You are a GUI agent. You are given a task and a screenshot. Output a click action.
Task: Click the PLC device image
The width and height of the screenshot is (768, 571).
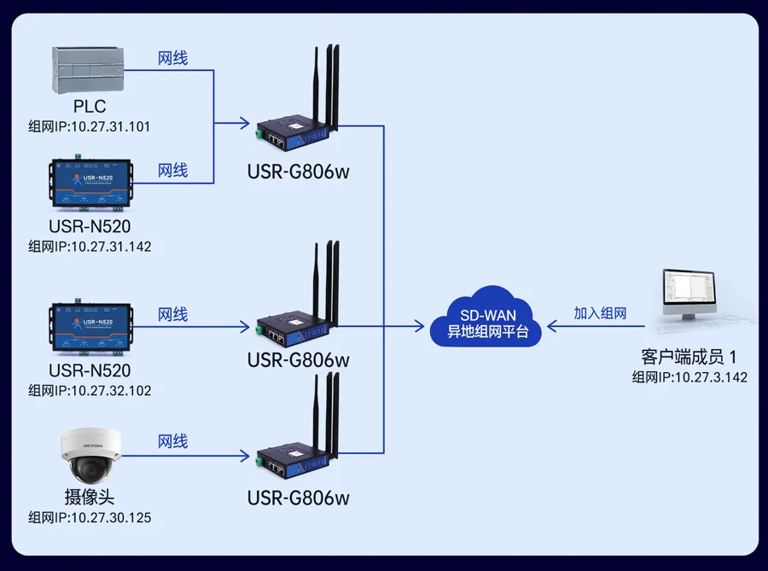[90, 70]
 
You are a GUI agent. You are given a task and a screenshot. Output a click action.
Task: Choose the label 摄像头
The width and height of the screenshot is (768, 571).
[90, 498]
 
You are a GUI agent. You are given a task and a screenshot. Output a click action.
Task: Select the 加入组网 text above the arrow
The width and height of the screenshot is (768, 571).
[600, 313]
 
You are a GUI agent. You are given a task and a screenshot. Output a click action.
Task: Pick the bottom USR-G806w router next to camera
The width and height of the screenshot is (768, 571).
[294, 444]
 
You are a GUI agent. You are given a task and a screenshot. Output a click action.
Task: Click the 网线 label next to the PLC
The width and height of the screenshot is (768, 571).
[173, 58]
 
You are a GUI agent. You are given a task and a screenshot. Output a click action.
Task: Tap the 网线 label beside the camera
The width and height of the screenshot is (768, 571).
[173, 441]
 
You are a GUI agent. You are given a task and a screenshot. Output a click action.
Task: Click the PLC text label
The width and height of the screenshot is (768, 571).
[90, 107]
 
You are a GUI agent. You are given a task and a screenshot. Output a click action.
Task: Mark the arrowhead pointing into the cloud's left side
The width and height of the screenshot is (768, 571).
[420, 326]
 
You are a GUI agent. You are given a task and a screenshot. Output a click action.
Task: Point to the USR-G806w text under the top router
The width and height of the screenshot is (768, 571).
[299, 172]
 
